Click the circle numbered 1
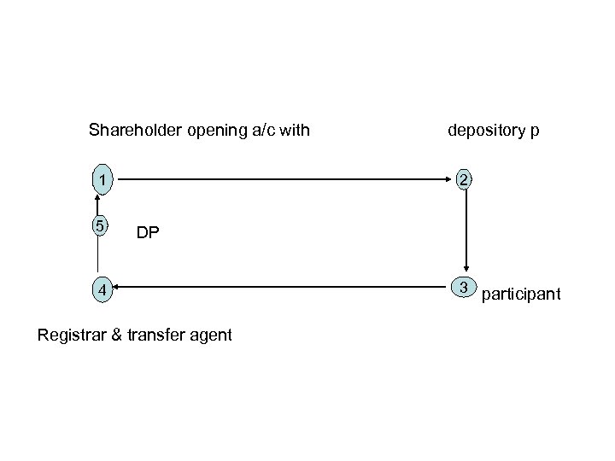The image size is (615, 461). tap(101, 180)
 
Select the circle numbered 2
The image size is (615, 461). tap(464, 180)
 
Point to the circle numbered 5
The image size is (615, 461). tap(101, 227)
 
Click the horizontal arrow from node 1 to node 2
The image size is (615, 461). tap(282, 180)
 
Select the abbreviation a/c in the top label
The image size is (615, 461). tap(260, 131)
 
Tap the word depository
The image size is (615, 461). tap(486, 131)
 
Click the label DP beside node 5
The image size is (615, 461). tap(147, 233)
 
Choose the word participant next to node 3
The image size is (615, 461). tap(521, 295)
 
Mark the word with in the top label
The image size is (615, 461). tap(295, 131)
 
